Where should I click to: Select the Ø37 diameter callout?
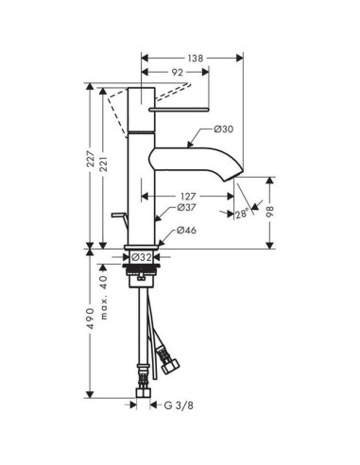[186, 208]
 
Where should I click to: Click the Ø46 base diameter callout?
[186, 230]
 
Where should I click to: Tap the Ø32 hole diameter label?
[142, 256]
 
